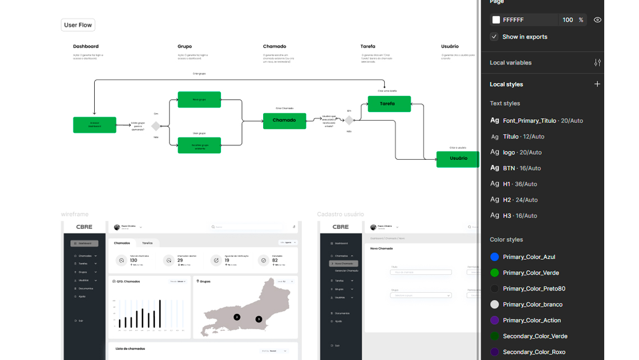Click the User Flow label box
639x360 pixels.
[x=78, y=25]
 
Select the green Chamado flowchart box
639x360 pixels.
[x=284, y=121]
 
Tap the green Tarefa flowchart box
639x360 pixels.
[x=389, y=104]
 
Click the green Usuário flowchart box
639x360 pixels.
[x=458, y=159]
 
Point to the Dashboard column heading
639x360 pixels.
[x=86, y=47]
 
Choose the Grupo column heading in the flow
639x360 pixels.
[x=185, y=47]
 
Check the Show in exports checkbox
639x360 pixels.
[x=494, y=36]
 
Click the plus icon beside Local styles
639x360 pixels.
[x=597, y=84]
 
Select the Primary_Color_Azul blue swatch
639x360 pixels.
[x=494, y=257]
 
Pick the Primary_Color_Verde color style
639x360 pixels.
[x=531, y=273]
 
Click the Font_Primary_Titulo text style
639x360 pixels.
[x=529, y=121]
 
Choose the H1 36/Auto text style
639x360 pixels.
[x=520, y=184]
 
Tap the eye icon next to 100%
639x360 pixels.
[x=597, y=20]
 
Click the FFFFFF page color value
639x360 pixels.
[x=513, y=20]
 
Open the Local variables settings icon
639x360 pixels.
[x=597, y=63]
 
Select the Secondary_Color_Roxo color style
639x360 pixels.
[x=534, y=352]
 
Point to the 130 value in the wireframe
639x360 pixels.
[x=134, y=260]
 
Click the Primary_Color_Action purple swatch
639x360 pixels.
[x=494, y=320]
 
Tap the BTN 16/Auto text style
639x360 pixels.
[x=521, y=168]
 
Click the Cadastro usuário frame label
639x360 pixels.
[x=340, y=214]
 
